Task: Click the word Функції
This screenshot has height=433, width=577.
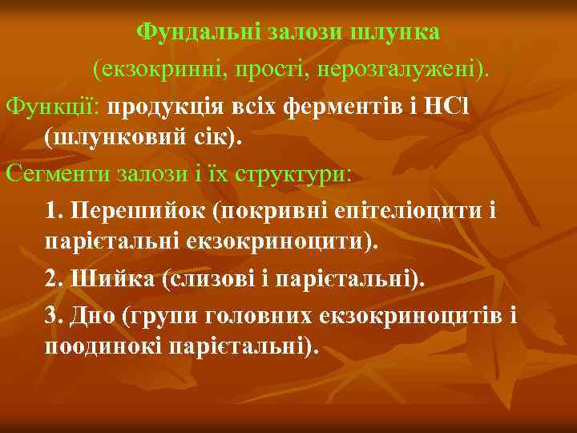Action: tap(53, 107)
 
